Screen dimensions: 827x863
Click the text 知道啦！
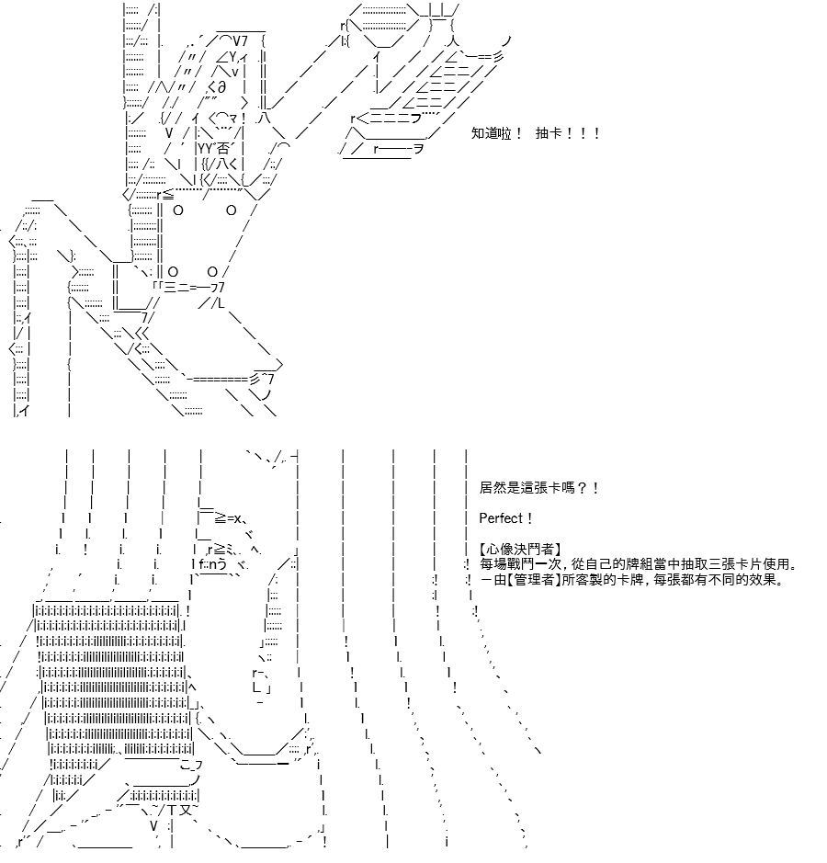pos(496,133)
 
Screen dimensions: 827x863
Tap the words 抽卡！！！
pos(567,133)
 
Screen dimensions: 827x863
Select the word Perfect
pos(502,518)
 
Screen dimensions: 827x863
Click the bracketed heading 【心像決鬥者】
pos(520,550)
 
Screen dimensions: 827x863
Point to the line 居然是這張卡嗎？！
pos(539,488)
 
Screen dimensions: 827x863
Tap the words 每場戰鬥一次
pos(520,564)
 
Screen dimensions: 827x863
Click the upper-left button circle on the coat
pos(177,210)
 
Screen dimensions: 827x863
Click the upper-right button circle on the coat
pos(231,210)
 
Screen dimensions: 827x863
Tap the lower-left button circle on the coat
pos(174,272)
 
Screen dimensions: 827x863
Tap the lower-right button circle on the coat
pos(213,272)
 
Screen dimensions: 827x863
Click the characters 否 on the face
pos(222,149)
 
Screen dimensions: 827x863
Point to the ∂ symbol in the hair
pos(221,87)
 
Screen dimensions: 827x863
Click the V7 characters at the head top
pos(241,40)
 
